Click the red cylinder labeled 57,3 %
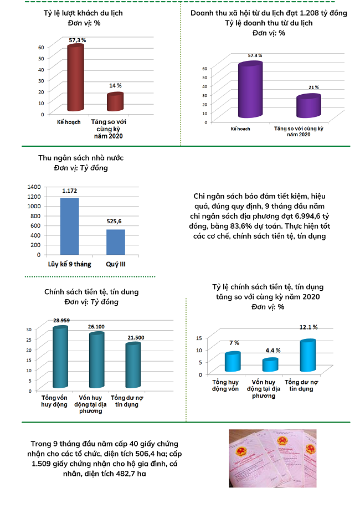(x=75, y=80)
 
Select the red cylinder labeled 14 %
(x=115, y=103)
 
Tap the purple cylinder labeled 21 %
(x=308, y=107)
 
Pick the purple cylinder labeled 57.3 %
(x=250, y=91)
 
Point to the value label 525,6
(x=115, y=222)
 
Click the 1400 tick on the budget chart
(x=33, y=187)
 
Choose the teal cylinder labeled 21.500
(x=133, y=367)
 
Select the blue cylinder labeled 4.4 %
(x=270, y=366)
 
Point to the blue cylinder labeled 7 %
(x=233, y=362)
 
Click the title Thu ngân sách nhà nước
(x=81, y=158)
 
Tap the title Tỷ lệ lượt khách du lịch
(x=83, y=12)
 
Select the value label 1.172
(x=69, y=191)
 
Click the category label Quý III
(x=116, y=264)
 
